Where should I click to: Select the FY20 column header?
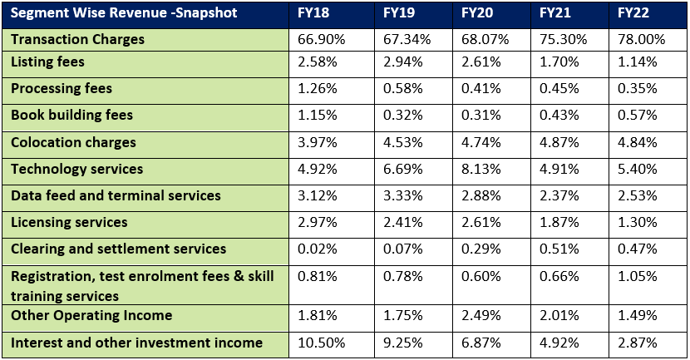(478, 14)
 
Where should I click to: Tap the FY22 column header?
(635, 14)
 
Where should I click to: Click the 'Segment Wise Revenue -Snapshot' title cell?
(124, 14)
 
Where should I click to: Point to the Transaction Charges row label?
(77, 40)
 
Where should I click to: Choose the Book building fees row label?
(71, 116)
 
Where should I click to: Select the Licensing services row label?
(69, 222)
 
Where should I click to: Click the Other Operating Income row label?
(91, 315)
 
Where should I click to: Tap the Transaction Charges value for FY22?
(637, 40)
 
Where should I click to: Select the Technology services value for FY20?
(482, 170)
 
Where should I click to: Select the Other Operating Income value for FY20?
(482, 316)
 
